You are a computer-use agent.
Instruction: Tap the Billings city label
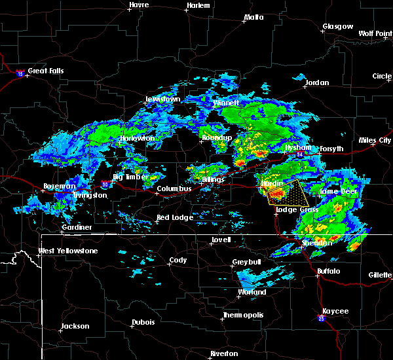point(213,179)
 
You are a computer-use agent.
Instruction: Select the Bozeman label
point(58,187)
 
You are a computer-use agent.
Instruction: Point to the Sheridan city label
point(317,243)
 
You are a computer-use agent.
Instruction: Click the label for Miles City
point(375,140)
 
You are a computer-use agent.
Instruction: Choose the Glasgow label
point(337,27)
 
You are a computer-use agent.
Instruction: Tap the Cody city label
point(178,260)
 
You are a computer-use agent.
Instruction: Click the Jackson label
point(75,326)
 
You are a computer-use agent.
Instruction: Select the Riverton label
point(224,353)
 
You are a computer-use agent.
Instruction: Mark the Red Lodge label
point(172,217)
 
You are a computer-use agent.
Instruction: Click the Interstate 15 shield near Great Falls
point(20,73)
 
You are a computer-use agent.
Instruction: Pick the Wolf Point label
point(375,33)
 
